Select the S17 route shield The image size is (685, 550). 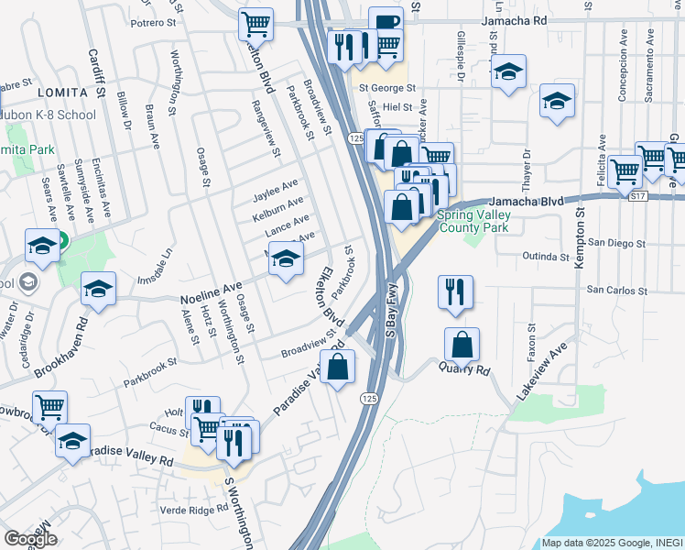pyautogui.click(x=638, y=195)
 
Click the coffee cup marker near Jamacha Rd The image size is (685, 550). pyautogui.click(x=386, y=22)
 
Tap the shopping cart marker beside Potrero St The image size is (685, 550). pyautogui.click(x=256, y=23)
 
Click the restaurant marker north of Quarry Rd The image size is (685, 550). pyautogui.click(x=455, y=291)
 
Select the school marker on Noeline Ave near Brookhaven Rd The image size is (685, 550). pyautogui.click(x=99, y=289)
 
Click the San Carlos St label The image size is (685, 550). pyautogui.click(x=616, y=291)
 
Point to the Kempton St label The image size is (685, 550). pyautogui.click(x=580, y=240)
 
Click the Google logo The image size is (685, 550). pyautogui.click(x=30, y=539)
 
